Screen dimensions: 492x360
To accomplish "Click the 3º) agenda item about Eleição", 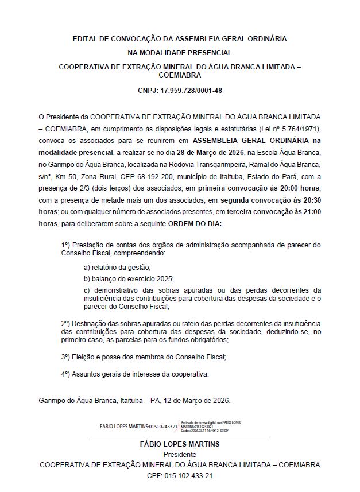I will click(144, 357).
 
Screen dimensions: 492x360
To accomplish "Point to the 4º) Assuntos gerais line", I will click(135, 374).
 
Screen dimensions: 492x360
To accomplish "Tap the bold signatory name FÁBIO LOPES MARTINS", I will click(180, 444).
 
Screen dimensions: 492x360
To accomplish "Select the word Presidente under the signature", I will click(180, 454).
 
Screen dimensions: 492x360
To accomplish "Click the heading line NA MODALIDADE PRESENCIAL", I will click(180, 52).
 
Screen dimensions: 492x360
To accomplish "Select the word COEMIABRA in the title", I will click(180, 75).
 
